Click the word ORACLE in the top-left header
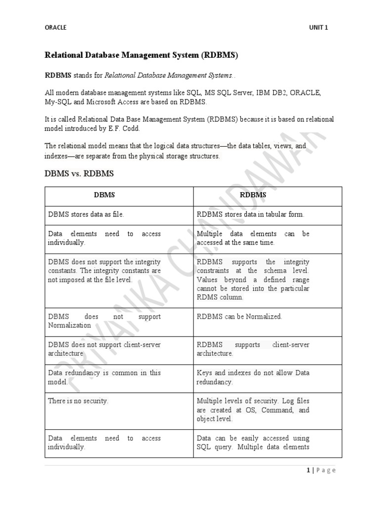click(x=55, y=28)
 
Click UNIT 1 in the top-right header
click(x=318, y=28)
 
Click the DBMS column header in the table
click(x=104, y=195)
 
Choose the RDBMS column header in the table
click(x=253, y=195)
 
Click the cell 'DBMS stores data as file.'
click(x=86, y=214)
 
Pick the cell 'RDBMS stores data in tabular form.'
click(x=250, y=214)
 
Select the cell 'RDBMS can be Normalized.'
click(x=239, y=316)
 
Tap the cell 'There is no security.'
click(x=78, y=401)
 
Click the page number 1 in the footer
click(x=308, y=470)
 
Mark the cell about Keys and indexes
click(x=253, y=378)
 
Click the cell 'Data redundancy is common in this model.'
click(x=104, y=378)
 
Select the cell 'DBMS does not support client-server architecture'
click(x=104, y=349)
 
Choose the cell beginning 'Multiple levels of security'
click(x=253, y=410)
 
